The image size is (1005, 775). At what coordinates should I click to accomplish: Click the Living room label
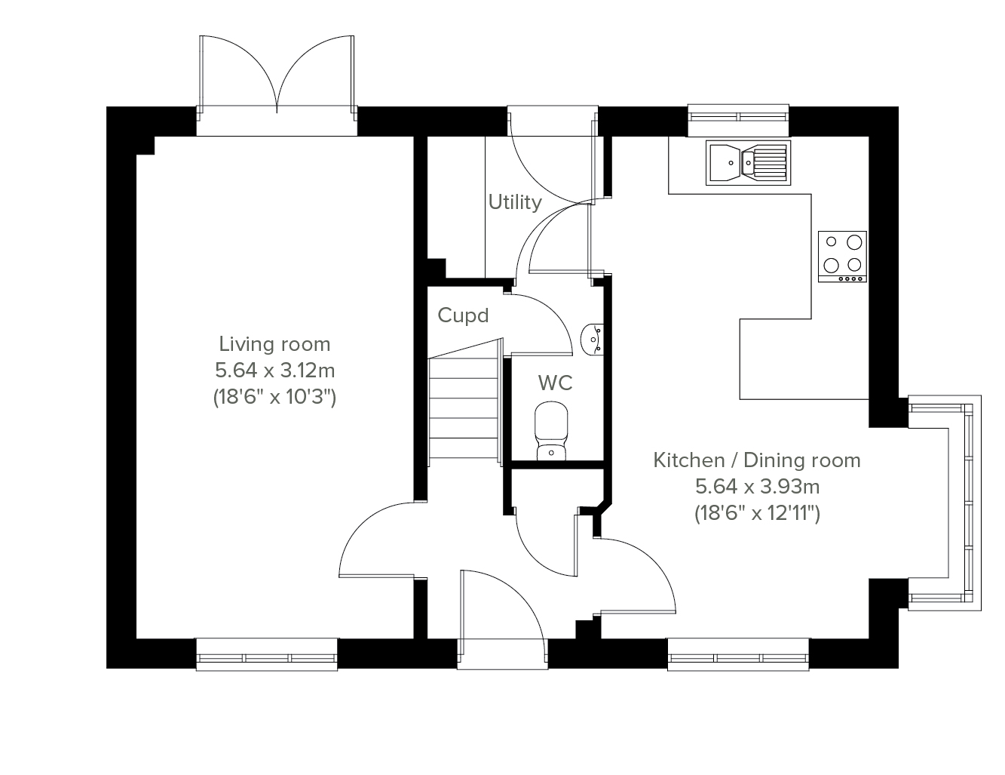click(x=274, y=344)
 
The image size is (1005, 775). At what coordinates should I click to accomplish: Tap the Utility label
click(x=515, y=202)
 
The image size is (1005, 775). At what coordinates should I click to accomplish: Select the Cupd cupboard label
click(x=463, y=315)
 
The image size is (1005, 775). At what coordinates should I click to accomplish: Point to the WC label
click(x=556, y=383)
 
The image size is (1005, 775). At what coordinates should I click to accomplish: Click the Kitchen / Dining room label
click(x=757, y=460)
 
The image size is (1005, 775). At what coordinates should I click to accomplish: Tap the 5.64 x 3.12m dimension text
click(x=274, y=371)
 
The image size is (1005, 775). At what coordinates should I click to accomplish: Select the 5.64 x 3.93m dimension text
click(x=757, y=486)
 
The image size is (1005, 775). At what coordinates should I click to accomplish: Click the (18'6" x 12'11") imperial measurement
click(x=757, y=513)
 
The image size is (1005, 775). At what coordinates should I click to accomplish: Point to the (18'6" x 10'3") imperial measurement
click(x=274, y=397)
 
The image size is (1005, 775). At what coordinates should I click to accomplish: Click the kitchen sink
click(x=748, y=163)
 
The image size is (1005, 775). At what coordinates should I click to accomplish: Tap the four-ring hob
click(x=842, y=257)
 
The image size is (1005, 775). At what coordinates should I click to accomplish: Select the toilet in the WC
click(x=551, y=431)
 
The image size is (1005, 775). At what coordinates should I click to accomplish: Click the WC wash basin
click(x=592, y=339)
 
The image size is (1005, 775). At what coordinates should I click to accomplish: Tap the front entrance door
click(x=502, y=615)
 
